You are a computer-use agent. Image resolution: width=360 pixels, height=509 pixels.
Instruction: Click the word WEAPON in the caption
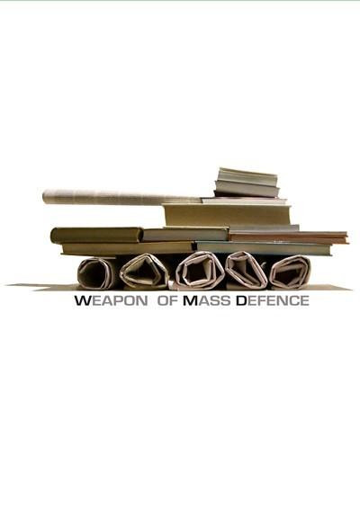coord(111,301)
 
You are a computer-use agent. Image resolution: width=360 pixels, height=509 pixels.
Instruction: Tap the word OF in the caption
coord(167,301)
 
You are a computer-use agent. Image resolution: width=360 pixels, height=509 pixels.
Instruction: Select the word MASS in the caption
coord(207,301)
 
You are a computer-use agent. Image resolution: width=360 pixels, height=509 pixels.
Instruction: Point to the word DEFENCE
coord(273,301)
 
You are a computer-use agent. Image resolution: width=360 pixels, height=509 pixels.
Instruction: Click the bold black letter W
coord(82,301)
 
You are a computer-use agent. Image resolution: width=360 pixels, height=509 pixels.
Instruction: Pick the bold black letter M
coord(189,301)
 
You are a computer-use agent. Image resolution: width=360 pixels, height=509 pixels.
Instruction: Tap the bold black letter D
coord(241,301)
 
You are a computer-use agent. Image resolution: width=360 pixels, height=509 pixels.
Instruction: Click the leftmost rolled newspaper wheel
coord(97,273)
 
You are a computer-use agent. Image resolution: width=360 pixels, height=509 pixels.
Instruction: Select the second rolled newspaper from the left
coord(144,272)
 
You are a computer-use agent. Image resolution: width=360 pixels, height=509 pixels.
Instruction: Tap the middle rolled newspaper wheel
coord(200,271)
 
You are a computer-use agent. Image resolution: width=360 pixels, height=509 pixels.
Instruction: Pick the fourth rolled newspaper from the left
coord(247,270)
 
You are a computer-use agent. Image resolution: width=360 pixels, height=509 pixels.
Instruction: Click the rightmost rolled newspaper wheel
coord(290,272)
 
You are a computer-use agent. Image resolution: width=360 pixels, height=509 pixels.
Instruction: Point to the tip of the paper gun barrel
coord(43,197)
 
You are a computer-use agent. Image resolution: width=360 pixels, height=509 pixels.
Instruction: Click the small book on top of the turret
coord(247,183)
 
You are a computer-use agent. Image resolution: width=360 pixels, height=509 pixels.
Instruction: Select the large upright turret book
coord(228,215)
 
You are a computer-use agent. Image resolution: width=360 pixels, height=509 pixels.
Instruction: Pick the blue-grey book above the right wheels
coord(263,248)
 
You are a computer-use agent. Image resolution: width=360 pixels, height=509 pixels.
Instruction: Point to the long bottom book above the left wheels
coord(128,248)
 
